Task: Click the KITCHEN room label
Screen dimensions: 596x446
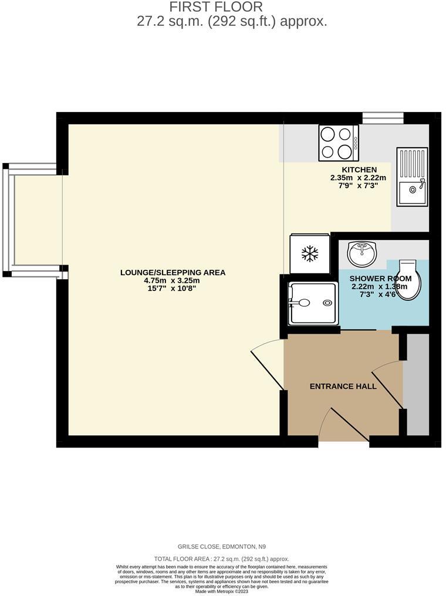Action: pyautogui.click(x=359, y=170)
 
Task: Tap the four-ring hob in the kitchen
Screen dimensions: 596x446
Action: pyautogui.click(x=338, y=143)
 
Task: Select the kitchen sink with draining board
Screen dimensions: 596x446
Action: pyautogui.click(x=413, y=177)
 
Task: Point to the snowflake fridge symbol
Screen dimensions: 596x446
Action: pyautogui.click(x=309, y=254)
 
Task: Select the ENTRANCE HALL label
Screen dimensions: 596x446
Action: pyautogui.click(x=343, y=387)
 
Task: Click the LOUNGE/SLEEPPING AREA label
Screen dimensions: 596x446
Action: pyautogui.click(x=173, y=273)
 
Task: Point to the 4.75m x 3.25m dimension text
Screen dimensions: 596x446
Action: pyautogui.click(x=173, y=281)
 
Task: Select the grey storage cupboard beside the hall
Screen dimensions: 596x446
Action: pyautogui.click(x=418, y=385)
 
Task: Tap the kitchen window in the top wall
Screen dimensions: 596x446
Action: pyautogui.click(x=383, y=118)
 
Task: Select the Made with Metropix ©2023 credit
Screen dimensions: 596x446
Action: pyautogui.click(x=222, y=591)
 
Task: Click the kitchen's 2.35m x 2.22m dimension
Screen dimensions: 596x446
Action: pyautogui.click(x=359, y=178)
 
